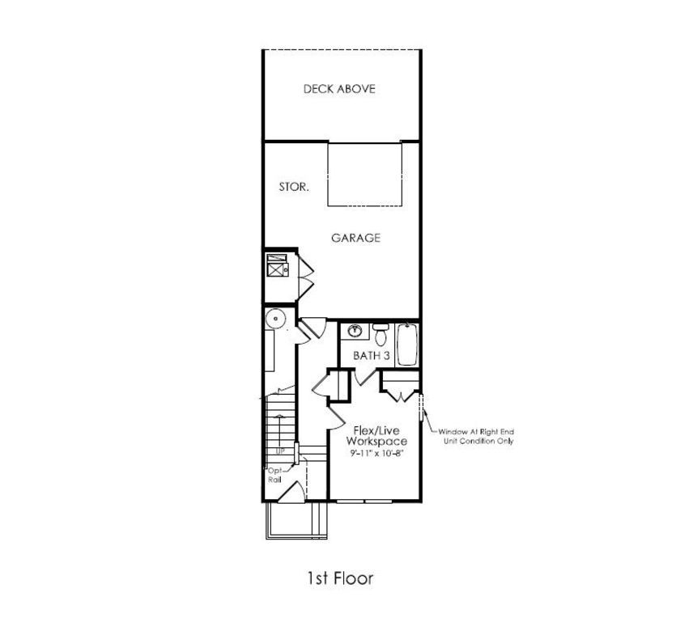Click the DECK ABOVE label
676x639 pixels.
pyautogui.click(x=339, y=89)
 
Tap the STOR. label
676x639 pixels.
pyautogui.click(x=293, y=187)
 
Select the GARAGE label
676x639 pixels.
pyautogui.click(x=355, y=238)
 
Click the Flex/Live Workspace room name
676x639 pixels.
pyautogui.click(x=376, y=436)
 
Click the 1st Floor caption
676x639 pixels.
pyautogui.click(x=339, y=578)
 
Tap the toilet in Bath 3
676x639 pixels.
pyautogui.click(x=380, y=331)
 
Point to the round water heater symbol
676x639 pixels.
pyautogui.click(x=276, y=318)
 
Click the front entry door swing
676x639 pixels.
pyautogui.click(x=296, y=492)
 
